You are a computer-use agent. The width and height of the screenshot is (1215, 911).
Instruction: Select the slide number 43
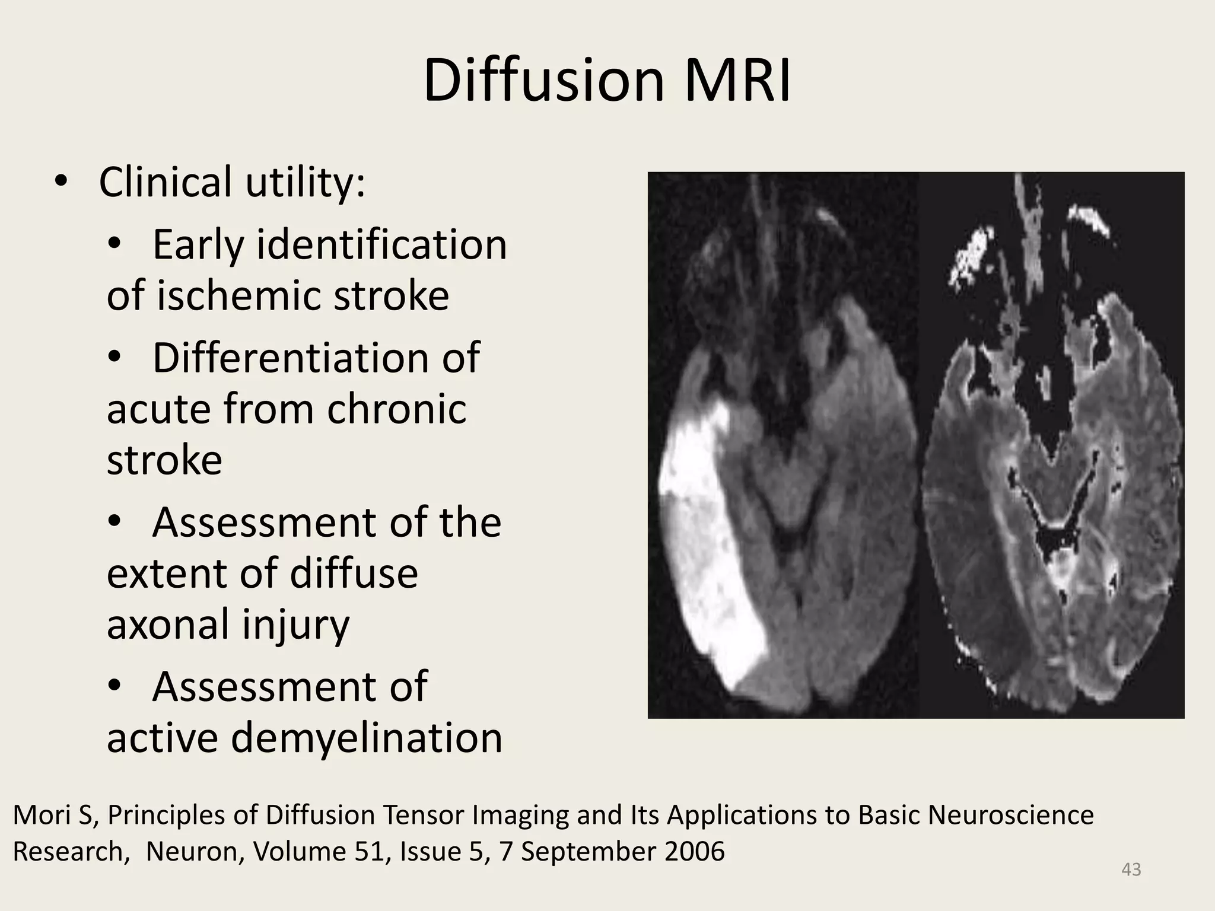coord(1131,869)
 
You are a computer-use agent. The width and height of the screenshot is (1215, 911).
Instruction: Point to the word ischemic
coord(241,295)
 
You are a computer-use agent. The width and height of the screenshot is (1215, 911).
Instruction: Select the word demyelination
coord(366,737)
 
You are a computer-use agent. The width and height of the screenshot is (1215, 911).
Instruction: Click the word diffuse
coord(354,573)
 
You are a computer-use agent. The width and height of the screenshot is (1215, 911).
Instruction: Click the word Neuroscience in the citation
coord(1010,815)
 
